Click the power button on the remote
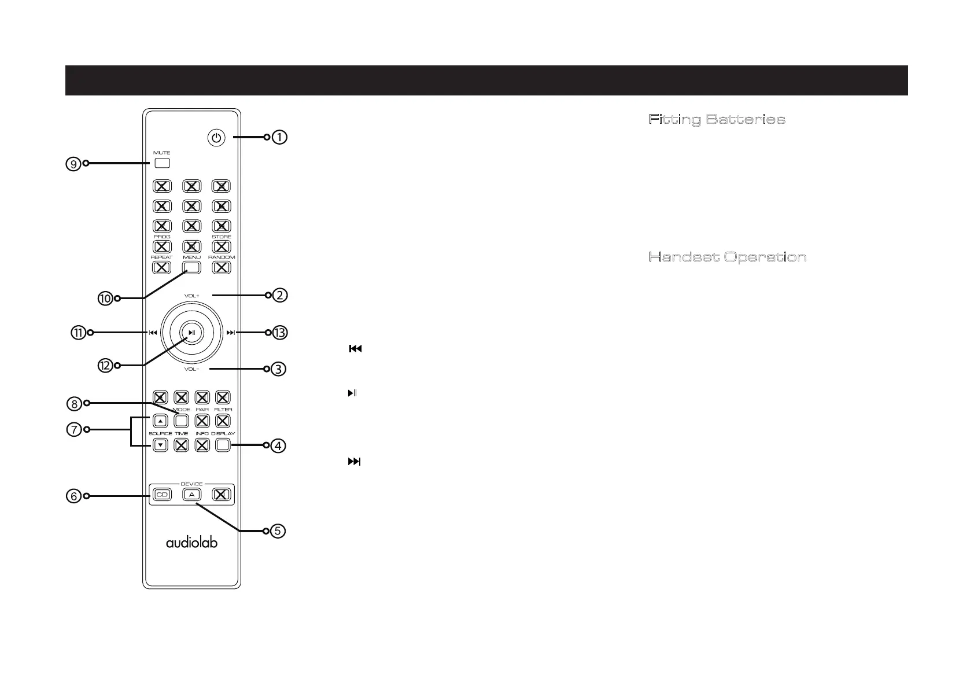pos(216,138)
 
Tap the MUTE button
pos(162,163)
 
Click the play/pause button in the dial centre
pos(191,332)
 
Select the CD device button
pos(162,495)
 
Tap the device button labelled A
pos(191,495)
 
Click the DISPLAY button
pos(223,445)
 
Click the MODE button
pos(182,421)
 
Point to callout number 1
pos(279,137)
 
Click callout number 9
pos(73,164)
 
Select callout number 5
pos(278,531)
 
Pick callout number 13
pos(280,333)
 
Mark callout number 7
pos(73,430)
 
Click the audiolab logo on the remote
pos(191,543)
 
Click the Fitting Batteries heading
pos(717,120)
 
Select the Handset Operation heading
pos(728,257)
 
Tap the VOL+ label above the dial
pos(191,296)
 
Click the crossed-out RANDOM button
pos(222,267)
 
